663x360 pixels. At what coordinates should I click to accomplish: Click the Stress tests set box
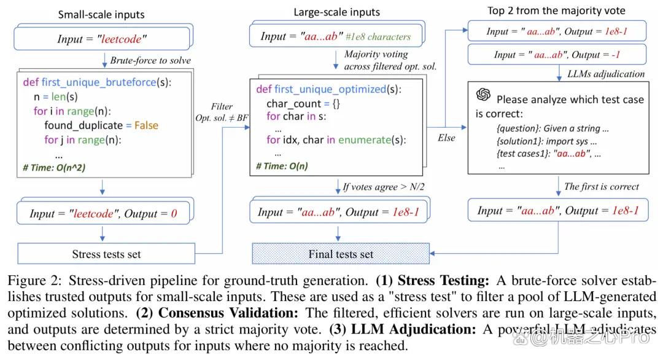click(106, 253)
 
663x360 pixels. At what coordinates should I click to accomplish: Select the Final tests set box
click(341, 253)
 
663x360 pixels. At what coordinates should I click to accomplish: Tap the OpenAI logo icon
click(483, 95)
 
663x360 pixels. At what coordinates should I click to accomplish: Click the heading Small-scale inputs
click(101, 15)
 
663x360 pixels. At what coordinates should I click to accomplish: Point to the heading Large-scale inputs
click(336, 12)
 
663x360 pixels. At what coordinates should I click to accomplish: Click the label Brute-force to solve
click(150, 60)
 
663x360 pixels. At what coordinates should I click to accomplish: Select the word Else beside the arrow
click(446, 138)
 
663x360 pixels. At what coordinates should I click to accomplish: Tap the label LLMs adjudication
click(606, 74)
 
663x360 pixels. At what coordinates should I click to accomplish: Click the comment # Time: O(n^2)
click(54, 168)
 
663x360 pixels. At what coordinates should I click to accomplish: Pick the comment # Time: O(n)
click(282, 166)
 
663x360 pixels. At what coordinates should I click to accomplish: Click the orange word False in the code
click(146, 125)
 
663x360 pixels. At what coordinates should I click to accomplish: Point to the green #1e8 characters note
click(378, 37)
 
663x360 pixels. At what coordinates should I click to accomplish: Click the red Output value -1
click(616, 55)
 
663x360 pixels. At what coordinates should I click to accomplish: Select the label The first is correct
click(601, 187)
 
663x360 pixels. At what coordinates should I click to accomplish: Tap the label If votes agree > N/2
click(384, 187)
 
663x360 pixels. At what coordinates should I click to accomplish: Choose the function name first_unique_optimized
click(330, 89)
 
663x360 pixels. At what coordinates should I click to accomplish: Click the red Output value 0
click(174, 214)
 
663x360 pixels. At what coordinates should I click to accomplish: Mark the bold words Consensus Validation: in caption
click(228, 313)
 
